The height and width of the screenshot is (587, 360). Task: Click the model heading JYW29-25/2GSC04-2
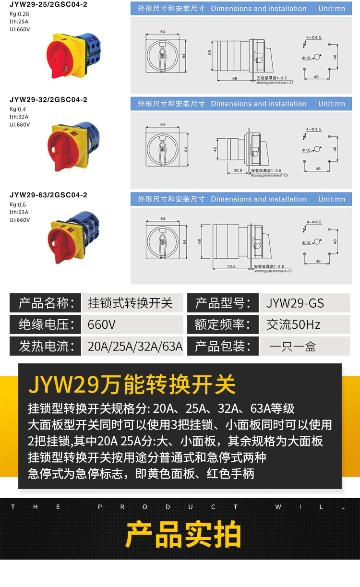click(48, 4)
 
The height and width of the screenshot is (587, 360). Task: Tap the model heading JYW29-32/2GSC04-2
click(48, 100)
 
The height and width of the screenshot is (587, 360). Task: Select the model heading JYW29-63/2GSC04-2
click(48, 195)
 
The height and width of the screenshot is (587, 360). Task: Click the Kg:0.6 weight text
click(18, 204)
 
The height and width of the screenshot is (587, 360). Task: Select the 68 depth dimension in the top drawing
click(234, 78)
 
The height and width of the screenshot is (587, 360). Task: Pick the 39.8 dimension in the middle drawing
click(238, 170)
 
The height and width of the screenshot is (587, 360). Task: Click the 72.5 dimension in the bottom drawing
click(231, 266)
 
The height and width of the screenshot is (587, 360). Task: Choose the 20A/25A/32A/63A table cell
click(135, 346)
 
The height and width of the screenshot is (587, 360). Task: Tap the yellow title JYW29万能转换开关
click(132, 384)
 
